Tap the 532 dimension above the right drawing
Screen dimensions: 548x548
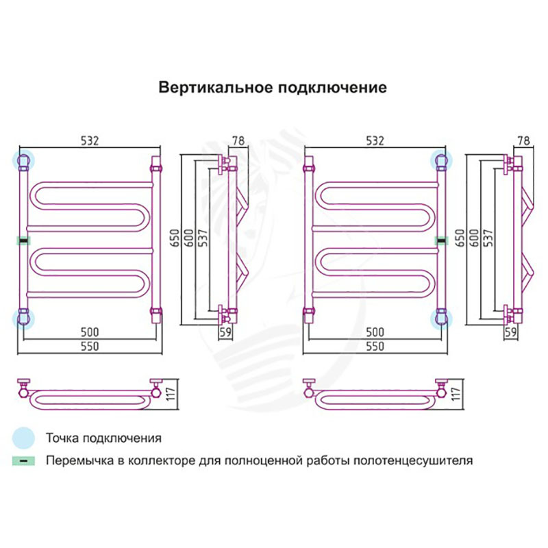point(374,140)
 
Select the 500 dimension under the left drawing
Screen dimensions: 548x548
point(90,332)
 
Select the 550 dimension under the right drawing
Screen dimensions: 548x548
point(374,347)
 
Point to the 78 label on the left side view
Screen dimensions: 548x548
point(238,140)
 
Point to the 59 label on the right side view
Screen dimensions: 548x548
point(510,332)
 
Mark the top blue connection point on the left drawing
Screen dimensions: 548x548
point(24,161)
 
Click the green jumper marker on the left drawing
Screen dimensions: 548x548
point(24,240)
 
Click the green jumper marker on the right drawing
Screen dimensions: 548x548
point(442,240)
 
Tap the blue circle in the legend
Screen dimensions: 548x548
point(24,437)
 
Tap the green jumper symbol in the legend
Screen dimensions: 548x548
point(24,460)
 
